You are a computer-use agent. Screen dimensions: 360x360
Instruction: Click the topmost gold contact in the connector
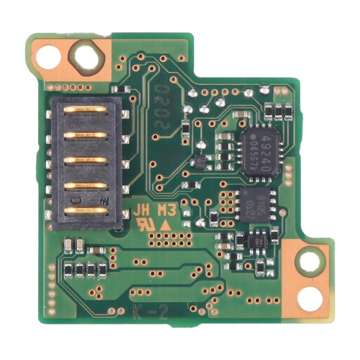(86, 110)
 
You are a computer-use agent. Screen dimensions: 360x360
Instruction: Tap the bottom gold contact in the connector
(86, 210)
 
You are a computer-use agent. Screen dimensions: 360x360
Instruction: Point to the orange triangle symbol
(165, 224)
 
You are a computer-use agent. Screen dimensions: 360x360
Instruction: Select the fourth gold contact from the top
(86, 185)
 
